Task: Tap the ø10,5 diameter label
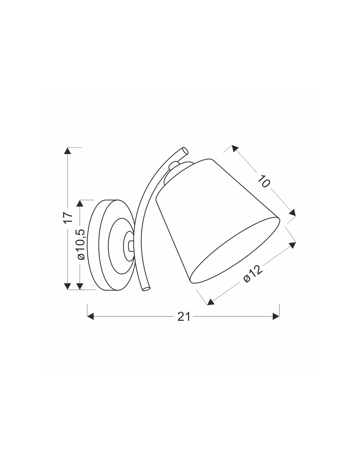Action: click(81, 244)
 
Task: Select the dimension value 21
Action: click(184, 317)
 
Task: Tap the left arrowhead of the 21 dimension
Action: click(91, 316)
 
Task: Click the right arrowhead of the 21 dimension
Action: click(276, 316)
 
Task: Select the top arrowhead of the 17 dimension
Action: click(68, 151)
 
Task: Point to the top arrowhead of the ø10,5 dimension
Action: click(80, 203)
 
